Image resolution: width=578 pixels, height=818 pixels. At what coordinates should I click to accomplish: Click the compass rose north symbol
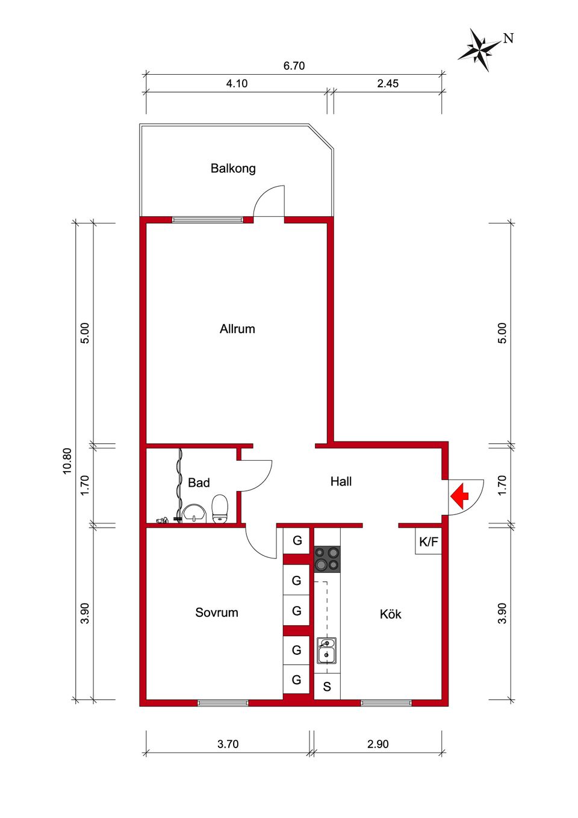[480, 49]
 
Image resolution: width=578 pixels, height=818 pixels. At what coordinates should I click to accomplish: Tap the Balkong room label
[233, 169]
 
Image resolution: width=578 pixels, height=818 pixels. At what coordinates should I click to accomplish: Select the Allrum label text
[237, 329]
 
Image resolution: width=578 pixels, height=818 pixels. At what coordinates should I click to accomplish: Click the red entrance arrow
[459, 496]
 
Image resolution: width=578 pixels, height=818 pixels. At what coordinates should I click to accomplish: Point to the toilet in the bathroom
[220, 510]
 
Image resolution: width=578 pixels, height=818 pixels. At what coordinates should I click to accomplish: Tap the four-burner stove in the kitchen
[327, 559]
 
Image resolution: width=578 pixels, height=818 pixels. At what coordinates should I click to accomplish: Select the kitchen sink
[326, 651]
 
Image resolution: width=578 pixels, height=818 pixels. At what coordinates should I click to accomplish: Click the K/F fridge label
[429, 542]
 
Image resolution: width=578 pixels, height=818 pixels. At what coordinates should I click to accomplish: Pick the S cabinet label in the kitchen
[327, 687]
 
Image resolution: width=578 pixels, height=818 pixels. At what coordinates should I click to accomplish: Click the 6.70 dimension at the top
[294, 66]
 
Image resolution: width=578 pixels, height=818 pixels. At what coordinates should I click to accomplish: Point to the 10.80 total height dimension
[67, 461]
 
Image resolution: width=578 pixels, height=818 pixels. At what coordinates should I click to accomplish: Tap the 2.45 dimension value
[388, 84]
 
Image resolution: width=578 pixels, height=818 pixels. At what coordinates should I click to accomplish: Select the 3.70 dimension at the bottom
[228, 745]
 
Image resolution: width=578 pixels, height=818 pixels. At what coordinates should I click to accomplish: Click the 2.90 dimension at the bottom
[378, 745]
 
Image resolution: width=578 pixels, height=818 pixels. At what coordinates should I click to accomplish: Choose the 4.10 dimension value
[237, 84]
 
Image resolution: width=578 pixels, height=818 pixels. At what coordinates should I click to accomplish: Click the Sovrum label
[217, 613]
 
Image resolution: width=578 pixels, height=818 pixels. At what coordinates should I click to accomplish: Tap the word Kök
[390, 614]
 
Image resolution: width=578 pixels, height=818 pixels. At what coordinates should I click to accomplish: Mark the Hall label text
[341, 481]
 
